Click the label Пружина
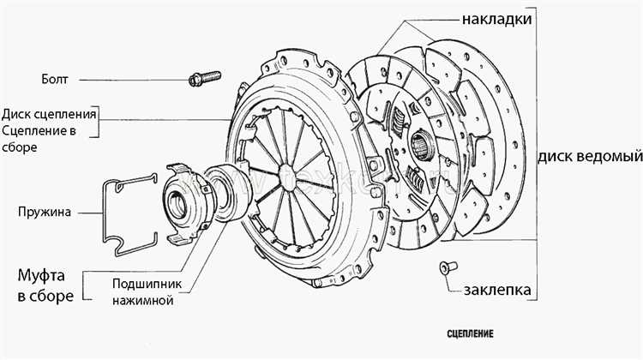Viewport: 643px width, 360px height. pyautogui.click(x=41, y=210)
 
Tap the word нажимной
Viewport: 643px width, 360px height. pyautogui.click(x=142, y=301)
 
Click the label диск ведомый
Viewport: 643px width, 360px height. pyautogui.click(x=591, y=157)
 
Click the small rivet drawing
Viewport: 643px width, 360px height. pyautogui.click(x=444, y=268)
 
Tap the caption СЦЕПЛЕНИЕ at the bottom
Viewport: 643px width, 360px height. pyautogui.click(x=471, y=332)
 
